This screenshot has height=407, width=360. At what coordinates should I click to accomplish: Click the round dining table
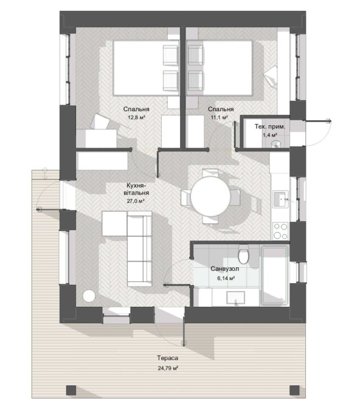click(210, 196)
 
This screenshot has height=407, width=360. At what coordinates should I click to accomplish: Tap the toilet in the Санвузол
click(244, 254)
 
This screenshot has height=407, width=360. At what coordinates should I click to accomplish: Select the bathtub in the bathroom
click(275, 275)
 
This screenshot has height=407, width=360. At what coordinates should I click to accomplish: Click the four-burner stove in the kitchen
click(280, 231)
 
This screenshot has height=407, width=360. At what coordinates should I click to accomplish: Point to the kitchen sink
click(280, 199)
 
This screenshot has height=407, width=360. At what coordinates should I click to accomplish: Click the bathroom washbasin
click(235, 298)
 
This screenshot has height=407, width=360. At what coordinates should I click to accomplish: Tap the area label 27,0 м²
click(136, 200)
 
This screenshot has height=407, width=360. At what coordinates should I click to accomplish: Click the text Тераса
click(168, 358)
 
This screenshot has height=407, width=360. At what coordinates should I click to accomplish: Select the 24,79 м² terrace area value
click(168, 368)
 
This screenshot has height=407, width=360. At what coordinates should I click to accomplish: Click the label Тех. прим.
click(270, 127)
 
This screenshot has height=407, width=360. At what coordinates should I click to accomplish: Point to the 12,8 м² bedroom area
click(136, 117)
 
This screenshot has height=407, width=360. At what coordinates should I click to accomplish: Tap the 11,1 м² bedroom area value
click(220, 117)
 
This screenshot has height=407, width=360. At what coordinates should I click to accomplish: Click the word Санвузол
click(225, 268)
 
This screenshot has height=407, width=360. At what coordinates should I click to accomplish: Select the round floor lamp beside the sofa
click(89, 296)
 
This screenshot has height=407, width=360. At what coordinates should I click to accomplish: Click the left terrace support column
click(71, 390)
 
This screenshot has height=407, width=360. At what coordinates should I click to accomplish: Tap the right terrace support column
click(294, 390)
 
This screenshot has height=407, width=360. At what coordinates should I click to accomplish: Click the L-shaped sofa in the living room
click(139, 248)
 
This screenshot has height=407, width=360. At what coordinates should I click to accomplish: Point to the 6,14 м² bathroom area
click(226, 278)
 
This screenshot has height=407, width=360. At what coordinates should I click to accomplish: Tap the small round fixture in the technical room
click(276, 144)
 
